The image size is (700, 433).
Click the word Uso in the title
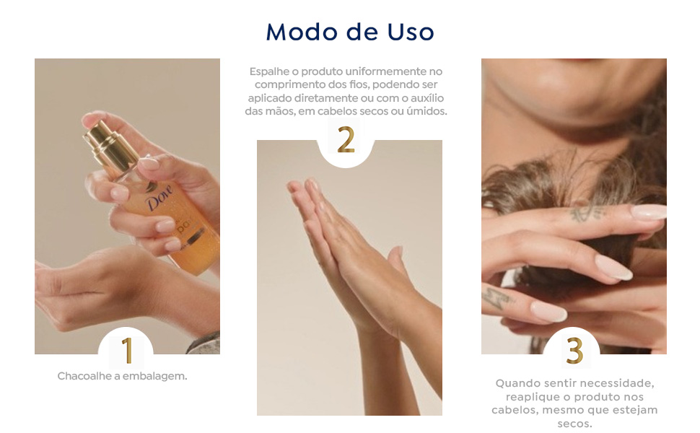[x=409, y=32]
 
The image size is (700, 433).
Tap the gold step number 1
[x=127, y=351]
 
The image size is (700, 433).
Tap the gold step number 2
[x=346, y=140]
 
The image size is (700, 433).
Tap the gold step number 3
[x=574, y=351]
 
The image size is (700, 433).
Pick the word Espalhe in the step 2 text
[x=268, y=71]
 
